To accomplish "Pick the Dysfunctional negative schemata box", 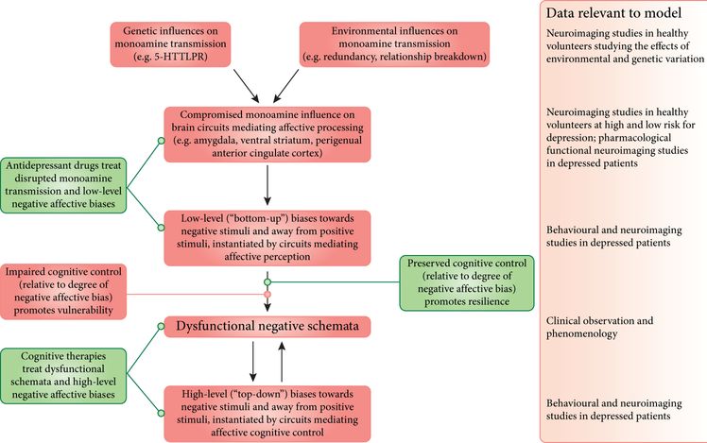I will (267, 327).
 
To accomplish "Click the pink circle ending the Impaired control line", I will (267, 294).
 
